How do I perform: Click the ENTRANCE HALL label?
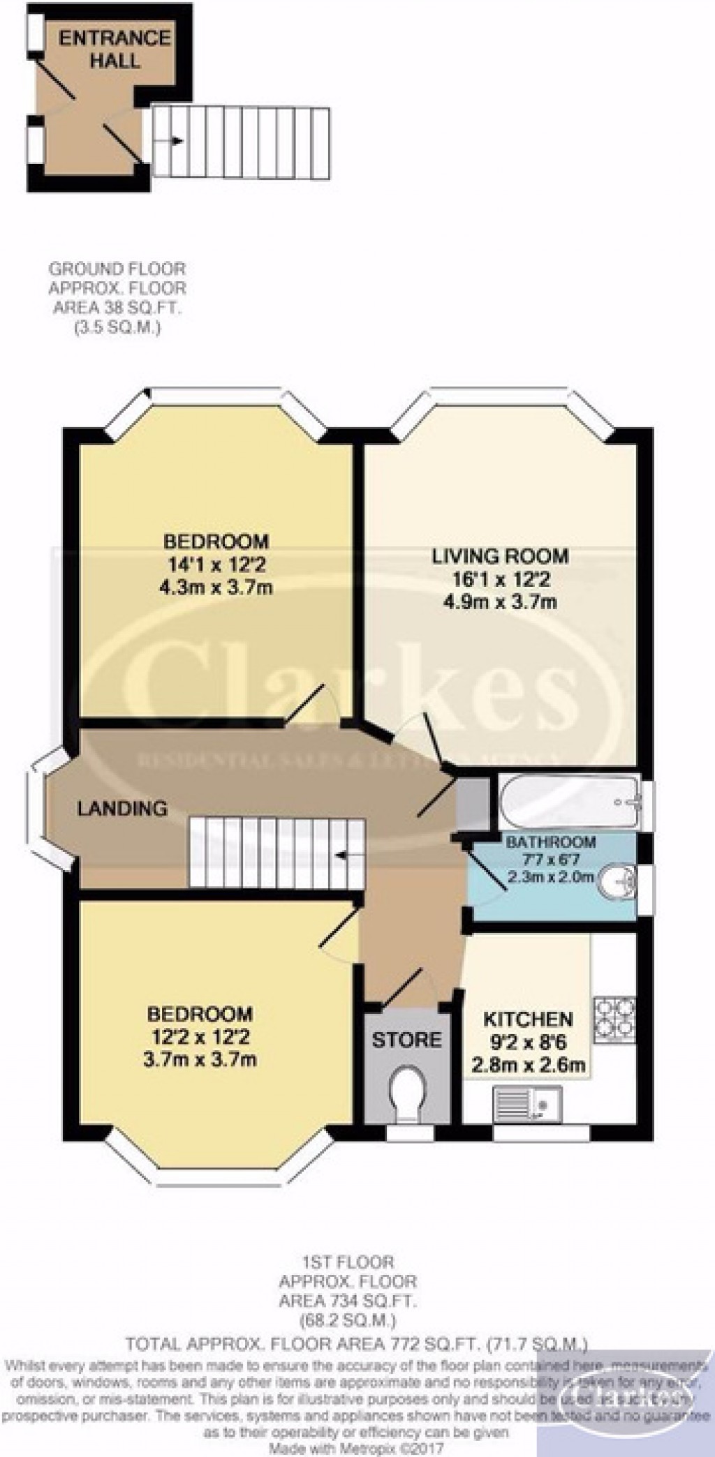(x=115, y=49)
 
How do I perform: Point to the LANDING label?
(x=122, y=809)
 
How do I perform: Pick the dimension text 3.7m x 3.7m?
(x=199, y=1059)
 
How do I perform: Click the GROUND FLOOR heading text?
(x=117, y=268)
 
